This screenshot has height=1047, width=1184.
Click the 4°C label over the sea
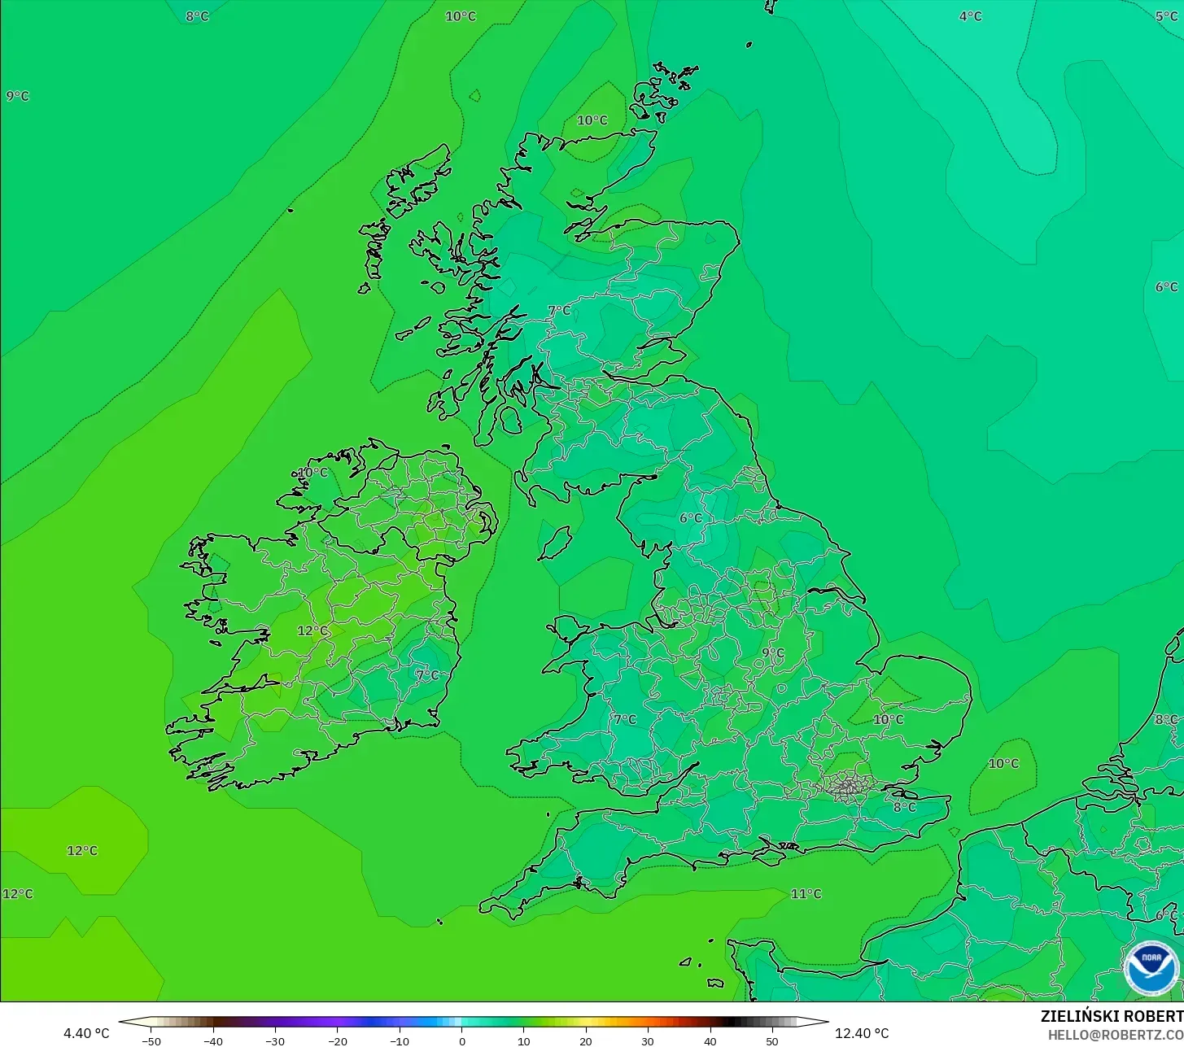[x=970, y=16]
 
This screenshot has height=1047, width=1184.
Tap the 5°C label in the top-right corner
[x=1166, y=16]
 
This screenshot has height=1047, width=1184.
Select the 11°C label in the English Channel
[x=806, y=894]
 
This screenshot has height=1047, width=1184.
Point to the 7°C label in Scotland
[x=559, y=310]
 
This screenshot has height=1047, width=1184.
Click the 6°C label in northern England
[x=690, y=518]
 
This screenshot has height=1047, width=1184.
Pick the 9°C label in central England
[x=773, y=652]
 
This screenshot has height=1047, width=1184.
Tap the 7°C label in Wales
[x=625, y=719]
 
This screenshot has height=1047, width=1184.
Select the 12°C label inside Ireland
[x=312, y=630]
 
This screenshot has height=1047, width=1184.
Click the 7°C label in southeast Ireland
[x=427, y=674]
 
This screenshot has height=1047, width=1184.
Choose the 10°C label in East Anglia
[x=888, y=719]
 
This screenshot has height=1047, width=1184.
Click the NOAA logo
[x=1151, y=968]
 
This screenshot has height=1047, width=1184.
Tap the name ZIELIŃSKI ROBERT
[x=1112, y=1016]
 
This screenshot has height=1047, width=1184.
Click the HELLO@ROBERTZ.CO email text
[x=1115, y=1035]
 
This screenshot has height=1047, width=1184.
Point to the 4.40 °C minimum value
[x=86, y=1033]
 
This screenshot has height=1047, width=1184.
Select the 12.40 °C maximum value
[x=862, y=1033]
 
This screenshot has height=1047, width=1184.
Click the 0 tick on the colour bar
[x=461, y=1040]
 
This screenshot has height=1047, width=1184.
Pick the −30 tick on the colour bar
[x=275, y=1040]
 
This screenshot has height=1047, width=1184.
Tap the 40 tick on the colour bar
[x=710, y=1040]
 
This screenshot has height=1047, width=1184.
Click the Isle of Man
[x=556, y=543]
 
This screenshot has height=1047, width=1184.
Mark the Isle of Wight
[x=771, y=853]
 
